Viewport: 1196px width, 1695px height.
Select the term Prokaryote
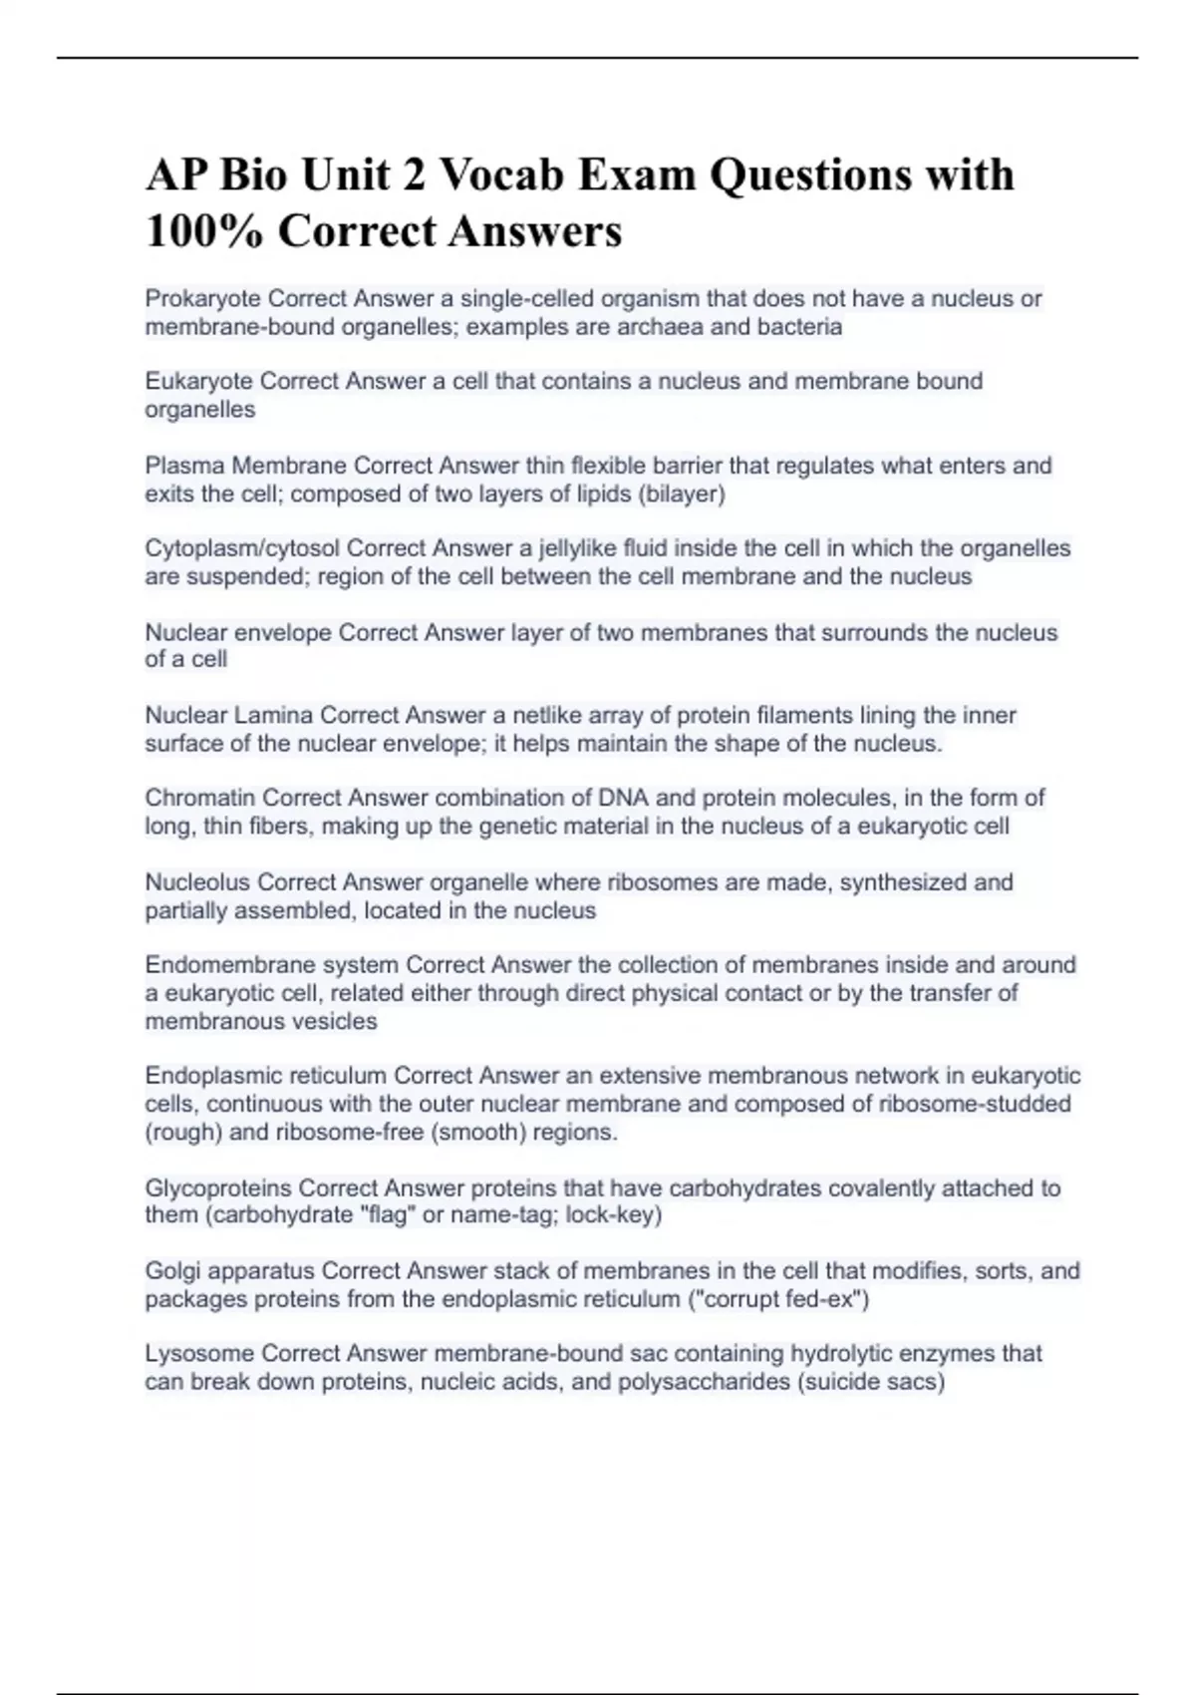[203, 298]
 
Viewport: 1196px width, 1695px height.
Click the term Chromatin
[200, 798]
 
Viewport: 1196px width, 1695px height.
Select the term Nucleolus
[198, 882]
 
